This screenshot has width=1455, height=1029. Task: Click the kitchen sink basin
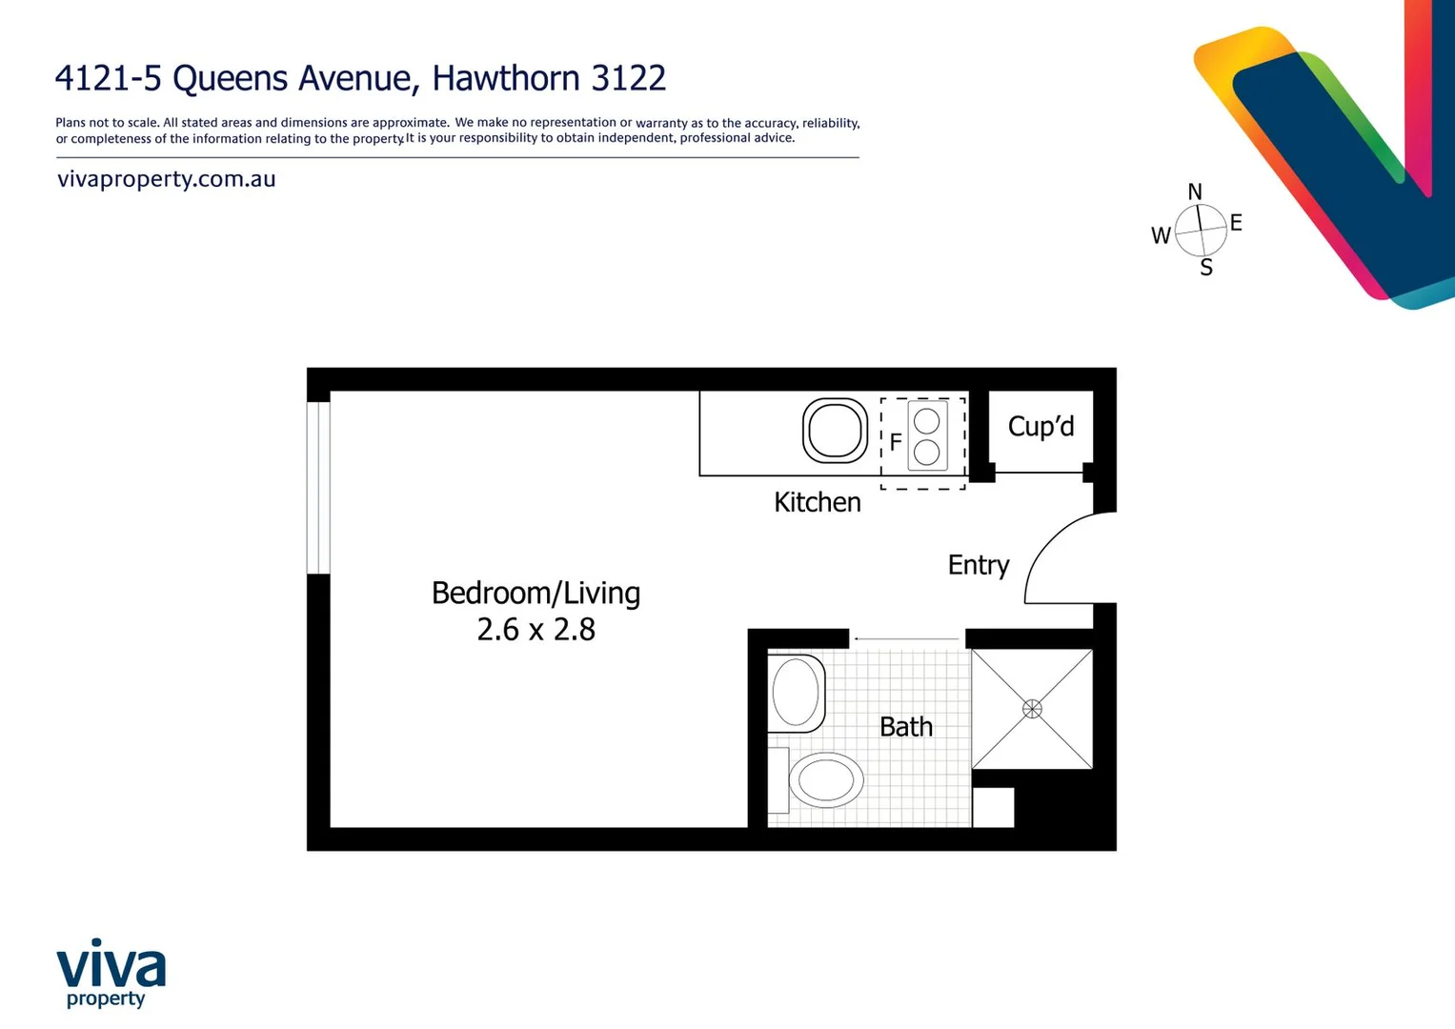coord(835,431)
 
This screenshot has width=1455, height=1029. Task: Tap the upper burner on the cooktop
coord(926,421)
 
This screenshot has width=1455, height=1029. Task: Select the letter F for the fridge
coord(896,442)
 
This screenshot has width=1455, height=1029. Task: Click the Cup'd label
coord(1041,427)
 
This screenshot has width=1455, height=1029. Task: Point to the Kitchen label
coord(817,502)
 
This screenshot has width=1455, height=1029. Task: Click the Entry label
coord(978,565)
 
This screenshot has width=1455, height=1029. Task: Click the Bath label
coord(905,727)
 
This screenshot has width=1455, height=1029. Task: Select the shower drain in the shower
coord(1032,709)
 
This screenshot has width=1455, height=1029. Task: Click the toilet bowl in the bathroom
coord(825,781)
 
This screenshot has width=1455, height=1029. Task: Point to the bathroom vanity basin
coord(796,693)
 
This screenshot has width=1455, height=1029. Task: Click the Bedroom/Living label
coord(536,593)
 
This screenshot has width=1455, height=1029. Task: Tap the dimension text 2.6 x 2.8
coord(536,630)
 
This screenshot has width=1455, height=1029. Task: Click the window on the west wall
coord(318,488)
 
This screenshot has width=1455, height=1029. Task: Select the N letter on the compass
coord(1195,192)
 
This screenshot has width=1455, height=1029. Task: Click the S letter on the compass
coord(1206,269)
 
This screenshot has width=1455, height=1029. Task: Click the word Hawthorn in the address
coord(507,78)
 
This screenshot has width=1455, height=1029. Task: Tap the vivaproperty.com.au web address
coord(167,179)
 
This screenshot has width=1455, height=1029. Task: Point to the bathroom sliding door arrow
coord(905,638)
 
